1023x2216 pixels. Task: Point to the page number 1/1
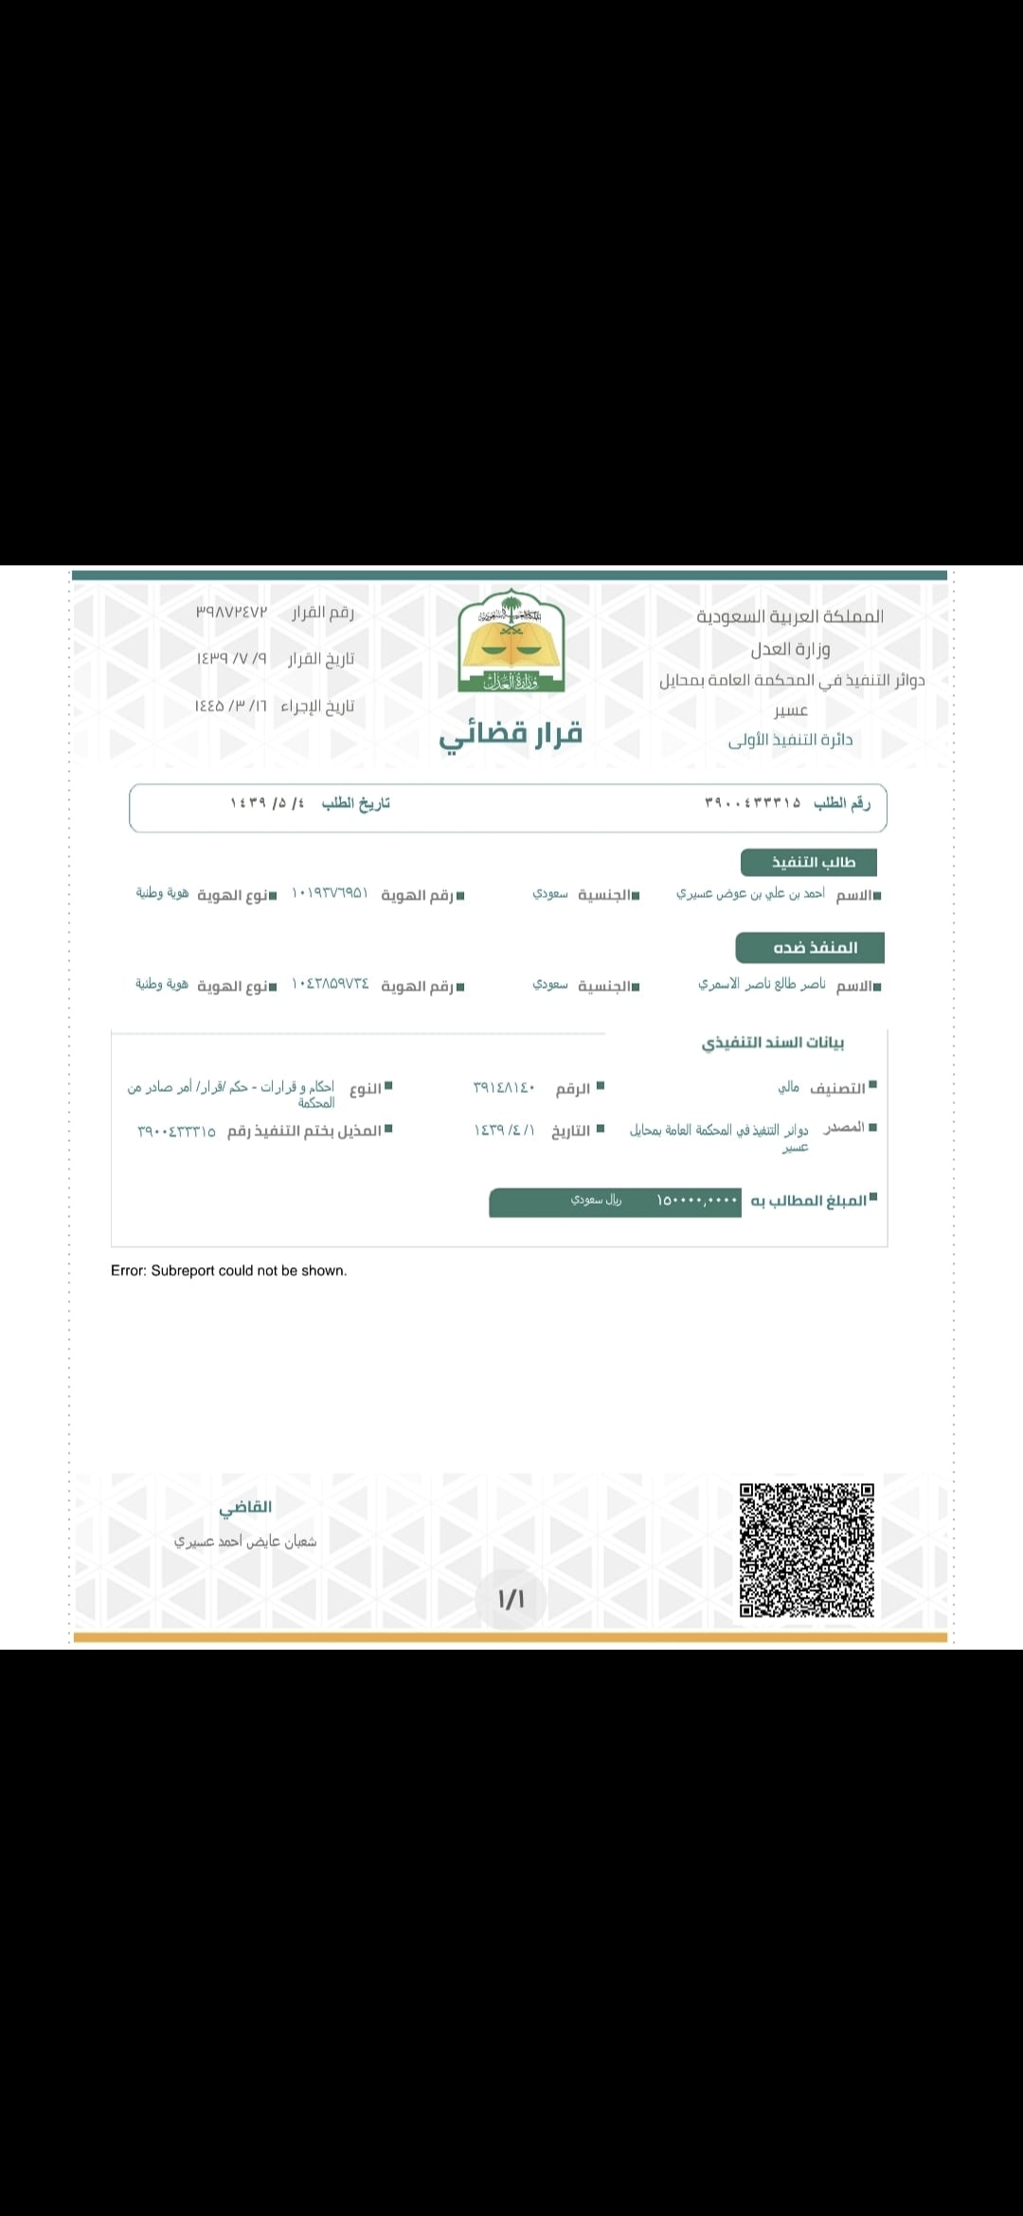pyautogui.click(x=511, y=1599)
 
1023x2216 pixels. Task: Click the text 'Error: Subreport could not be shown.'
pyautogui.click(x=229, y=1271)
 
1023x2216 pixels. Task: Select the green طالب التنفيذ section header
pyautogui.click(x=809, y=862)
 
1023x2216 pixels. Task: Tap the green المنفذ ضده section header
pyautogui.click(x=810, y=947)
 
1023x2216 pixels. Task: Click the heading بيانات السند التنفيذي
pyautogui.click(x=773, y=1043)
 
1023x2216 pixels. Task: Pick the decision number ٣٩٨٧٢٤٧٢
pyautogui.click(x=232, y=612)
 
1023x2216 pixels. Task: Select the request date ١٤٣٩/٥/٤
pyautogui.click(x=268, y=803)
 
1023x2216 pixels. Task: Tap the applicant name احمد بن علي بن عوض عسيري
pyautogui.click(x=750, y=894)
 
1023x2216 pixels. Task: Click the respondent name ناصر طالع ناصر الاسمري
pyautogui.click(x=762, y=985)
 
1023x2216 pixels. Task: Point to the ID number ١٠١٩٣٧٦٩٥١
pyautogui.click(x=330, y=894)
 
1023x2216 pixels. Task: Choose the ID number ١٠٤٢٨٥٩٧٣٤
pyautogui.click(x=330, y=985)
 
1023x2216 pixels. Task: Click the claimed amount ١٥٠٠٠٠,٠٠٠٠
pyautogui.click(x=696, y=1201)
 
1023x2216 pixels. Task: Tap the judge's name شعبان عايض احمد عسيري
pyautogui.click(x=245, y=1542)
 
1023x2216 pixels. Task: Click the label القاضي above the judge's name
pyautogui.click(x=245, y=1507)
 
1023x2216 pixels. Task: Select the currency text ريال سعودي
pyautogui.click(x=596, y=1200)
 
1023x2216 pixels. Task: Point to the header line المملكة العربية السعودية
pyautogui.click(x=790, y=617)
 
